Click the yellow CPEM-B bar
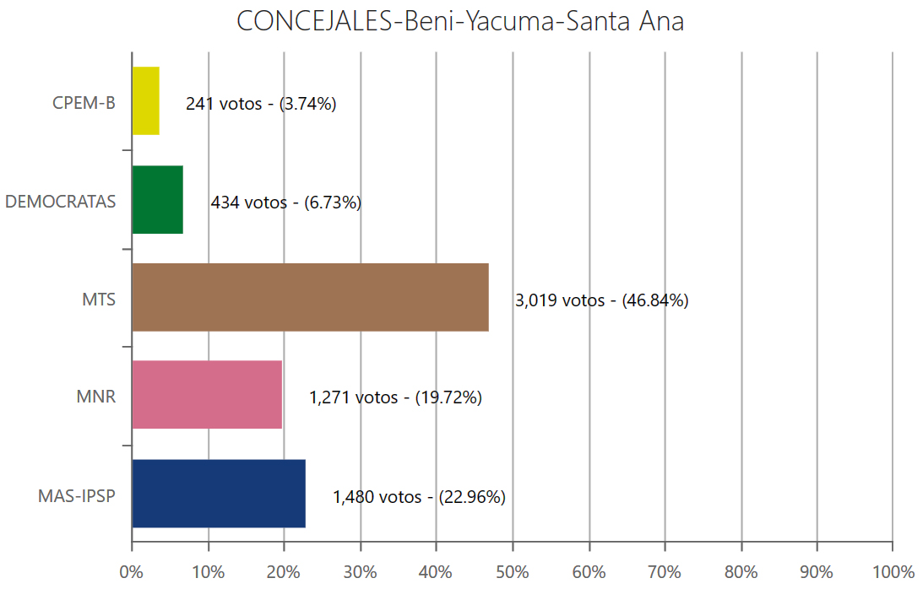point(146,100)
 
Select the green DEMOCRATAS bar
point(158,199)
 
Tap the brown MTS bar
point(310,297)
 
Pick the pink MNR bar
point(207,394)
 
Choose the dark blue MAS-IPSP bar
point(219,494)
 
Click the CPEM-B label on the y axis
point(84,104)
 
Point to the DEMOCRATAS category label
point(61,202)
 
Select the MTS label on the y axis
point(99,300)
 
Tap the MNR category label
point(96,397)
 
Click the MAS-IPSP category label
point(77,495)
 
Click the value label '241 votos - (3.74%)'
point(261,105)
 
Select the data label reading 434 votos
point(285,203)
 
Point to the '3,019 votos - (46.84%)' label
point(601,300)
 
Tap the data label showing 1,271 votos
point(395,397)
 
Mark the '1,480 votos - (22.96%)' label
point(419,497)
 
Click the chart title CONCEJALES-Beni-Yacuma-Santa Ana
point(460,22)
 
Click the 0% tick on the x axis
point(132,571)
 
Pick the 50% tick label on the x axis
point(513,571)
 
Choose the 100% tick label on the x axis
point(892,571)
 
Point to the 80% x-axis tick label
point(741,571)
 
